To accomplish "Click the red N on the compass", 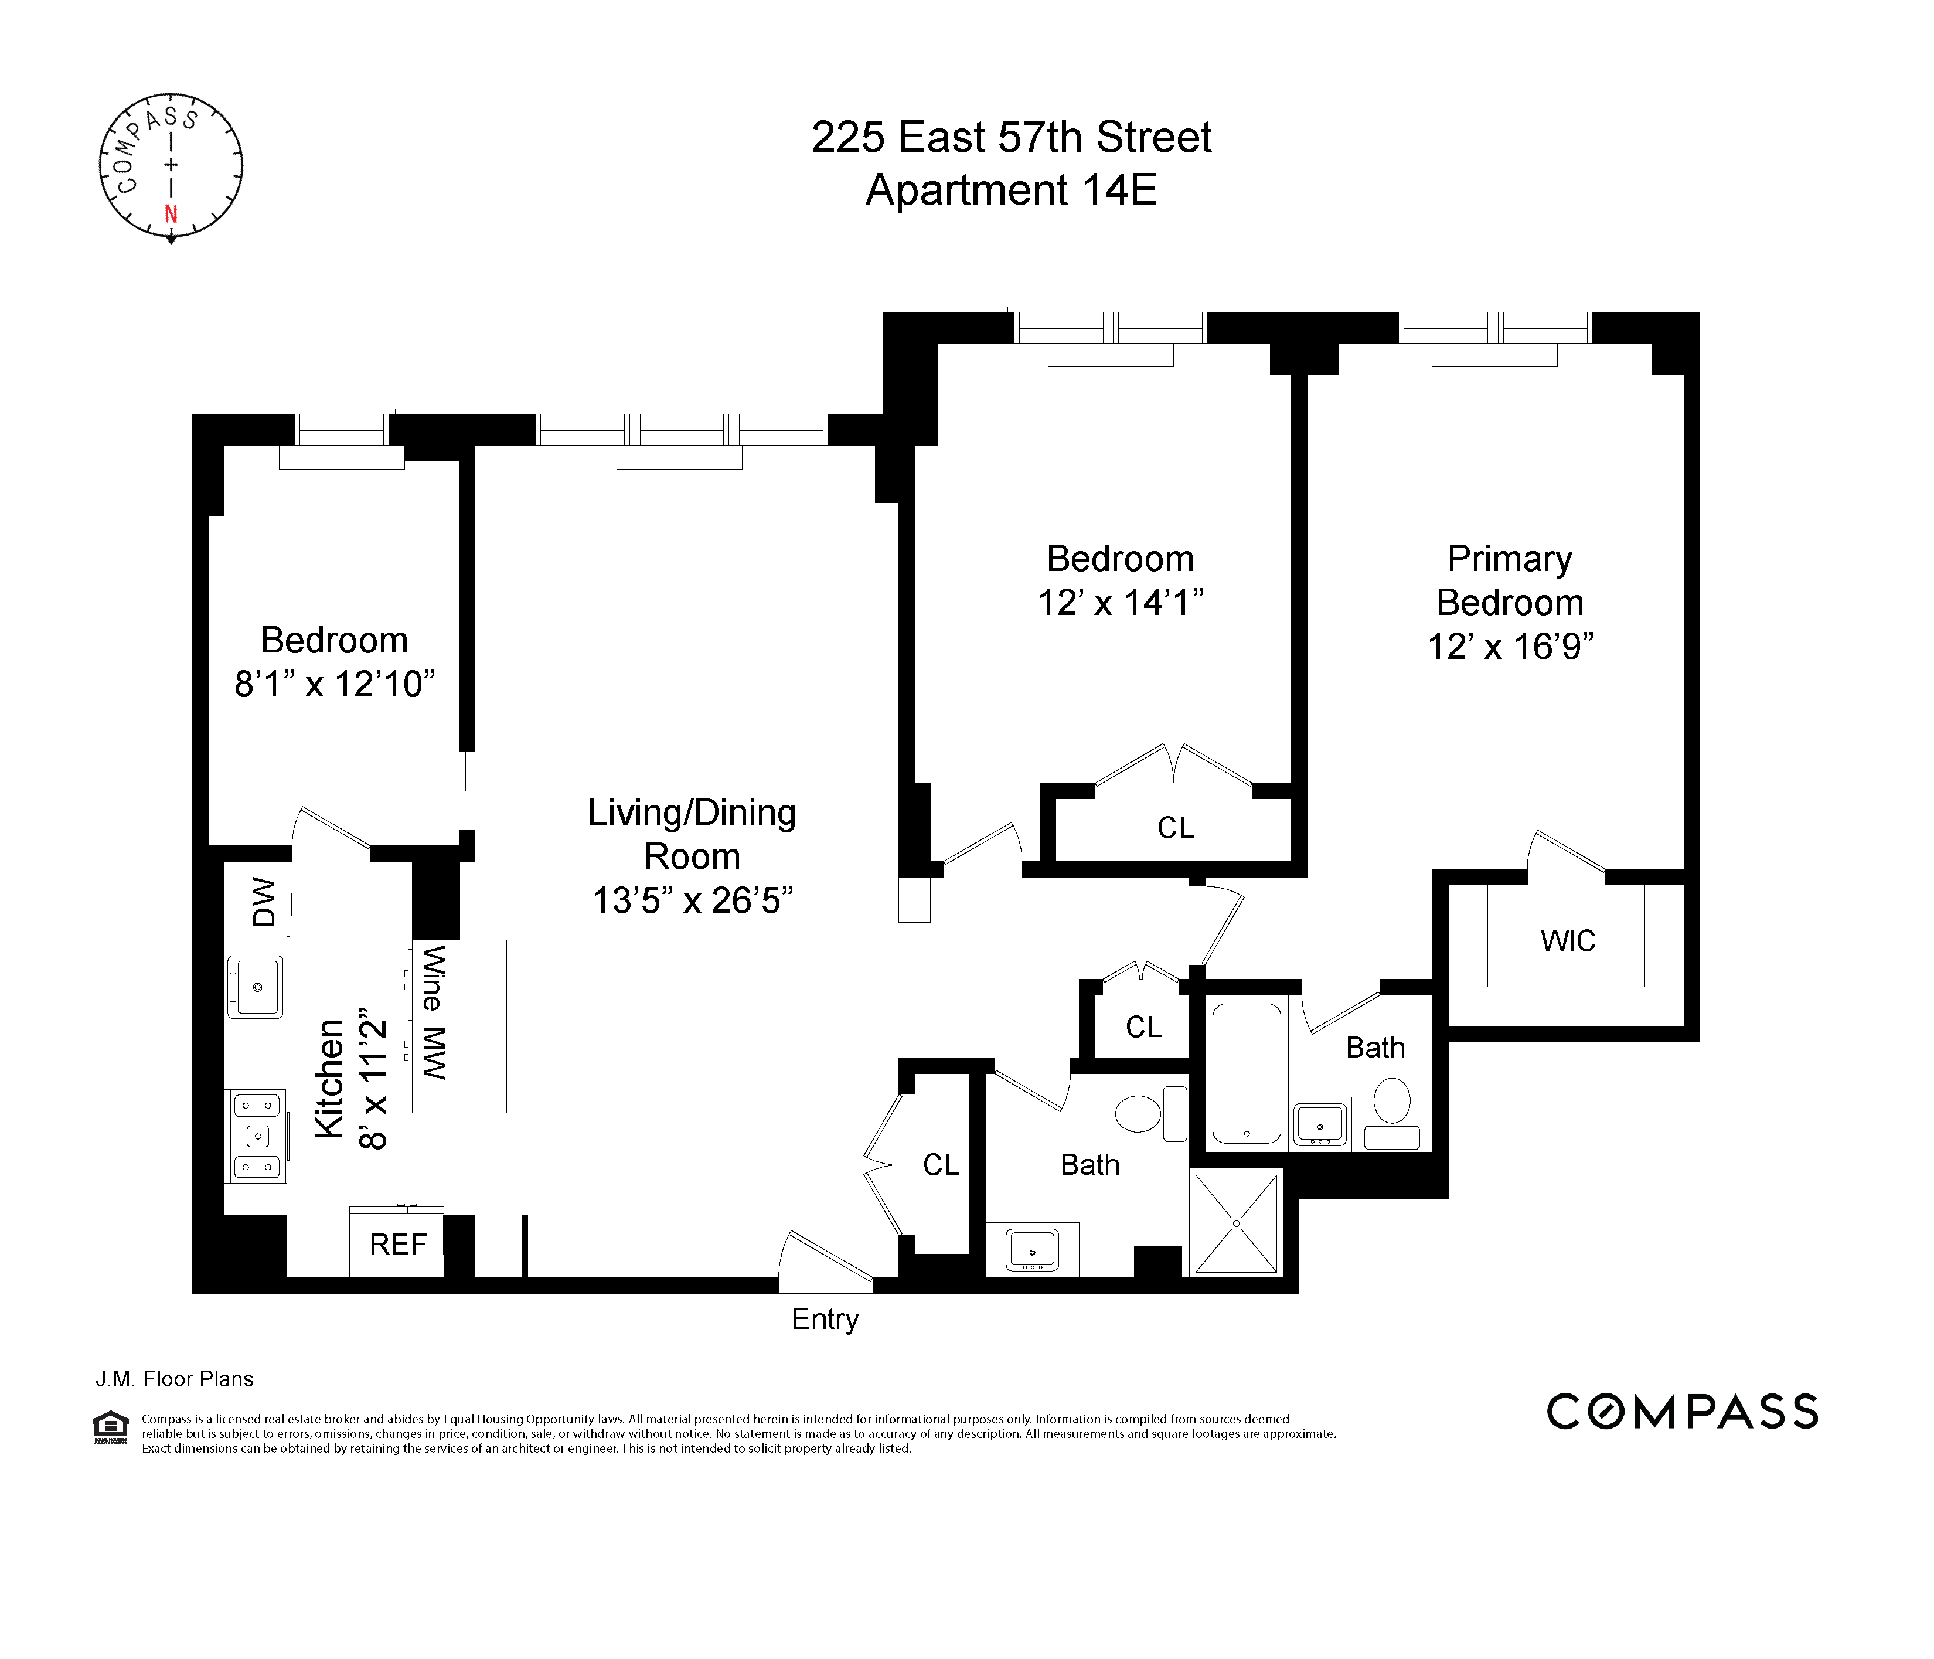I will point(171,214).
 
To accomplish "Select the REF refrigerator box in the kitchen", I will point(397,1245).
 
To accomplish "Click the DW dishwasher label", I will point(264,901).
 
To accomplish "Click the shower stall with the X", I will point(1236,1223).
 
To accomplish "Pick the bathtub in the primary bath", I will point(1246,1073).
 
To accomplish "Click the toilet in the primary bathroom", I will point(1392,1102).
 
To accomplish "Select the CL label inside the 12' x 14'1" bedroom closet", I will point(1175,828).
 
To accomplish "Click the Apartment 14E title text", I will point(1011,191).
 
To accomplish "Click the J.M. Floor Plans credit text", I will point(175,1379).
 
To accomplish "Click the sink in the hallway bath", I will point(1031,1248).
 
